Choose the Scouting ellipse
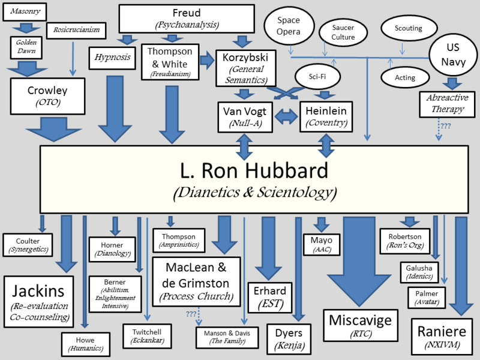click(x=409, y=28)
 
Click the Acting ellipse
click(x=405, y=77)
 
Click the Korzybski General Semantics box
click(x=245, y=68)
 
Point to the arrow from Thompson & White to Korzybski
click(x=207, y=59)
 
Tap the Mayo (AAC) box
click(x=321, y=245)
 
